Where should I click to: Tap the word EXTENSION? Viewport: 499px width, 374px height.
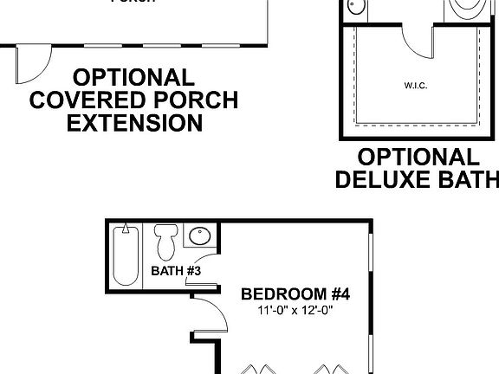click(134, 123)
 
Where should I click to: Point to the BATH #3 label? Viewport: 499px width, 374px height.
click(176, 271)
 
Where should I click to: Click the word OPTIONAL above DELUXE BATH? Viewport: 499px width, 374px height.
click(418, 158)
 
